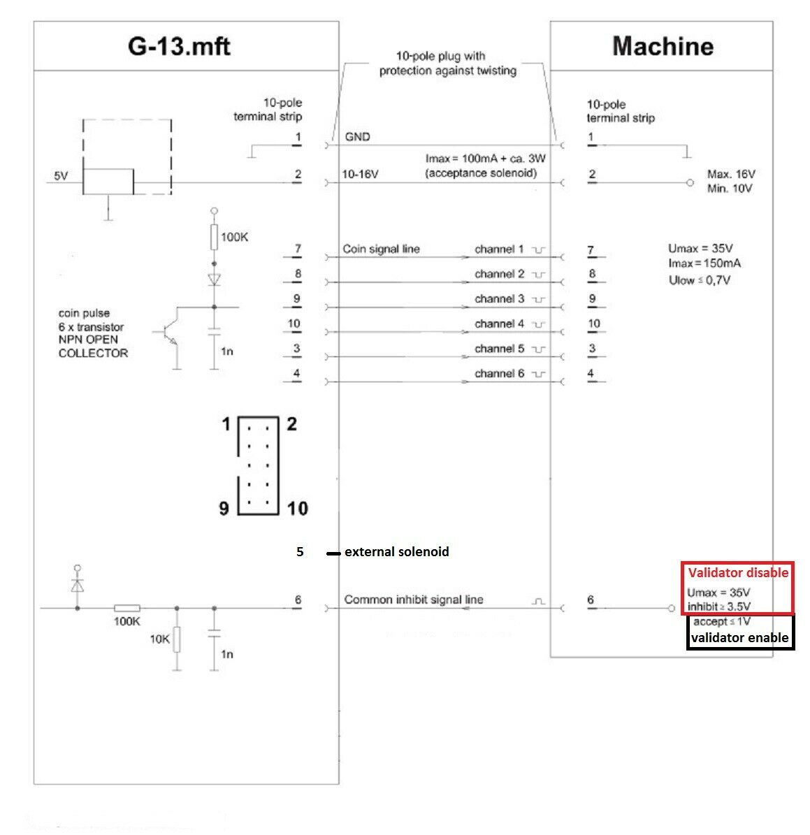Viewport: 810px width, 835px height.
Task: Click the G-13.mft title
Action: click(179, 46)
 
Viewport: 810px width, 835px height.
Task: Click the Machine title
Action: click(663, 47)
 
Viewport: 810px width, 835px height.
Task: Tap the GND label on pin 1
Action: click(358, 137)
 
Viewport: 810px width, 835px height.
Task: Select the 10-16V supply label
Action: click(360, 174)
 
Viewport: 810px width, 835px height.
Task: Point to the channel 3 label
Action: click(499, 299)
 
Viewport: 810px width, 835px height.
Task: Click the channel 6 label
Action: click(499, 374)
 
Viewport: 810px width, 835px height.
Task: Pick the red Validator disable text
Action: click(738, 573)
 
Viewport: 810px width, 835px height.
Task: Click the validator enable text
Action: click(739, 637)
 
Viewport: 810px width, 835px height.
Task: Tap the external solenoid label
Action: click(396, 552)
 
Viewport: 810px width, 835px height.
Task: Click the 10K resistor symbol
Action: click(177, 639)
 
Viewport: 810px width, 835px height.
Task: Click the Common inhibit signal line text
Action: click(413, 600)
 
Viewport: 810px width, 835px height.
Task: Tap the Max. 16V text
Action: click(731, 174)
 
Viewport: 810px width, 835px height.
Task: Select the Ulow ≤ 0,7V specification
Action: click(703, 280)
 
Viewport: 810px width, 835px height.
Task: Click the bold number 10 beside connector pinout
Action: click(297, 509)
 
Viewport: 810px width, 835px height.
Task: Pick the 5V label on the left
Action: click(62, 176)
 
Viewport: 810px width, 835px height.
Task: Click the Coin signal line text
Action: click(381, 249)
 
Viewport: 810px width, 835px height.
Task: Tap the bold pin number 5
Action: click(300, 552)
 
